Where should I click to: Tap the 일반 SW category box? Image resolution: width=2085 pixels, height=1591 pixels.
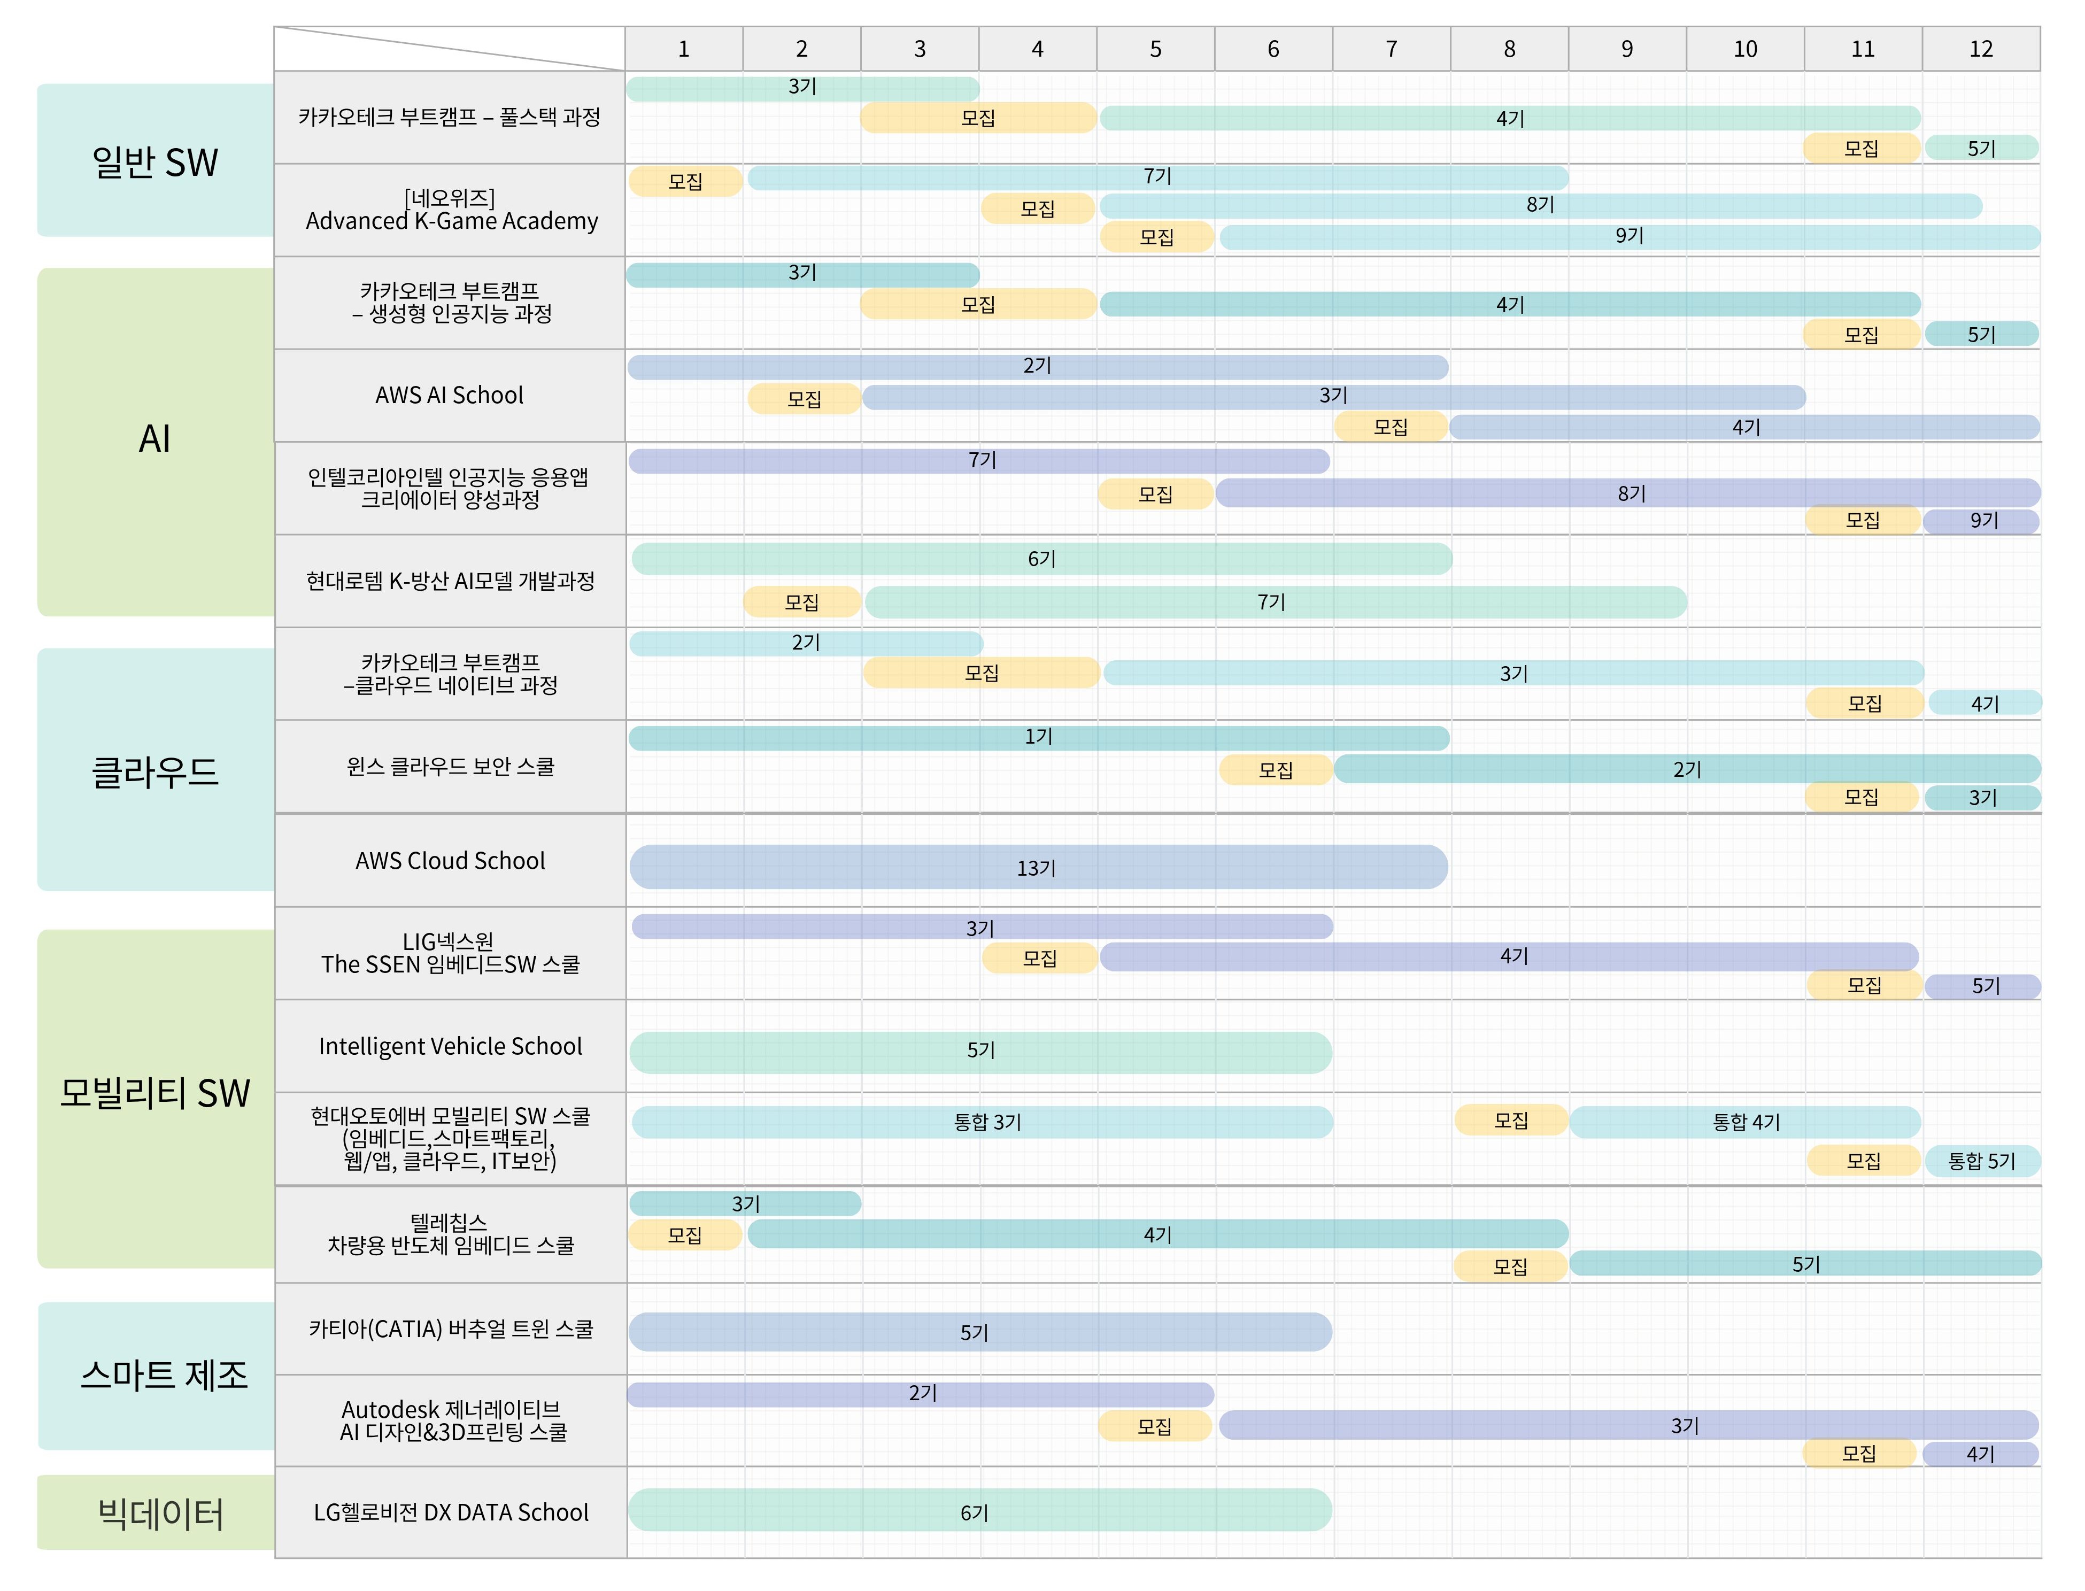[x=155, y=161]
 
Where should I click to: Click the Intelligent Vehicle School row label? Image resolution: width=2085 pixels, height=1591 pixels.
[x=450, y=1046]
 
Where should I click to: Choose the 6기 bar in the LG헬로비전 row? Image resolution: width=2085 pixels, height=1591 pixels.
[x=979, y=1510]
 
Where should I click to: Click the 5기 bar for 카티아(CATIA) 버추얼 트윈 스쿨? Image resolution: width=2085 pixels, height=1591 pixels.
[x=979, y=1332]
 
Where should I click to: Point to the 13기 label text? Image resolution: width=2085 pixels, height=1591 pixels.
[x=1036, y=868]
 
